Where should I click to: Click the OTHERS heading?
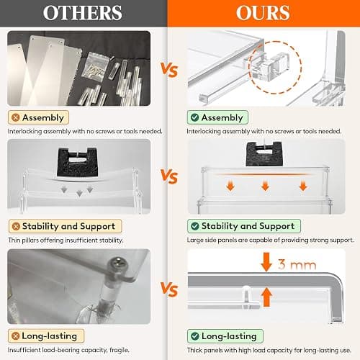click(82, 13)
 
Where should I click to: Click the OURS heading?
click(264, 13)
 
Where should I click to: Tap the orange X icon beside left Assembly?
click(16, 117)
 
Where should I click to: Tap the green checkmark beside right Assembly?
click(194, 117)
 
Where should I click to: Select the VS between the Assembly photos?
click(169, 70)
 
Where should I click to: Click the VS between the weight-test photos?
click(169, 176)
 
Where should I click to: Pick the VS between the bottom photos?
click(169, 289)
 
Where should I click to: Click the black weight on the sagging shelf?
click(77, 162)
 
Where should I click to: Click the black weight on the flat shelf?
click(264, 154)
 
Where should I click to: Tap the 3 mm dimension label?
click(297, 264)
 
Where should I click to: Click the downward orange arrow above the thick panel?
click(266, 261)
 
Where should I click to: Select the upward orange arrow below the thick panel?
click(266, 297)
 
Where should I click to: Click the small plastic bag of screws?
click(95, 66)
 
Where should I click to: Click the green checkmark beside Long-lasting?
click(195, 336)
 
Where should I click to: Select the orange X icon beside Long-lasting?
click(16, 336)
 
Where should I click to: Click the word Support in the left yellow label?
click(97, 226)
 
